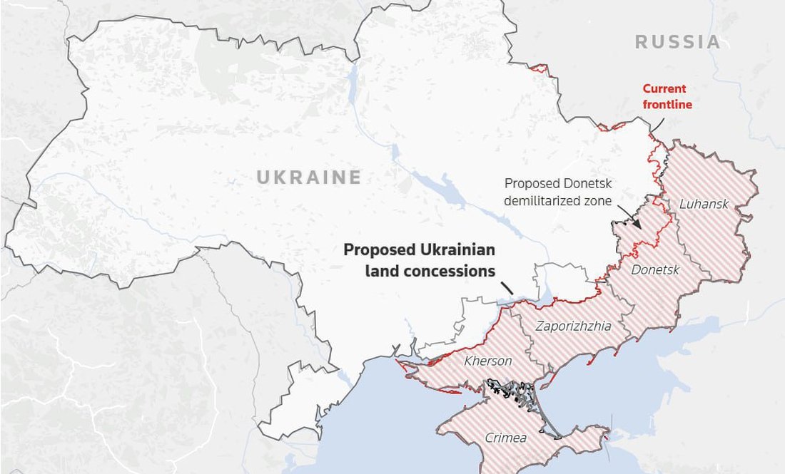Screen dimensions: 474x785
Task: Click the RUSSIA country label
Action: [x=678, y=42]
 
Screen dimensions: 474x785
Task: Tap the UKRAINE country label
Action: [x=309, y=177]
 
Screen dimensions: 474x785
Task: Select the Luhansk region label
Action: [x=704, y=205]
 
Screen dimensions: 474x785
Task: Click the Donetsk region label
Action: [x=656, y=269]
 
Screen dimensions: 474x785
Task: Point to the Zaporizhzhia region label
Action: [x=574, y=326]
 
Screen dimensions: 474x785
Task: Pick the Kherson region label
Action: [x=488, y=361]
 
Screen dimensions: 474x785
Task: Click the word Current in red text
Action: [x=664, y=89]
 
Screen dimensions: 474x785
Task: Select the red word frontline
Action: [x=667, y=105]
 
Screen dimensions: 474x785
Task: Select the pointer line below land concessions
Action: [x=507, y=287]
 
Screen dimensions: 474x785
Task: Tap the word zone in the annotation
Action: [x=597, y=201]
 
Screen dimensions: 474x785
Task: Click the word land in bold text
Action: [x=385, y=271]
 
